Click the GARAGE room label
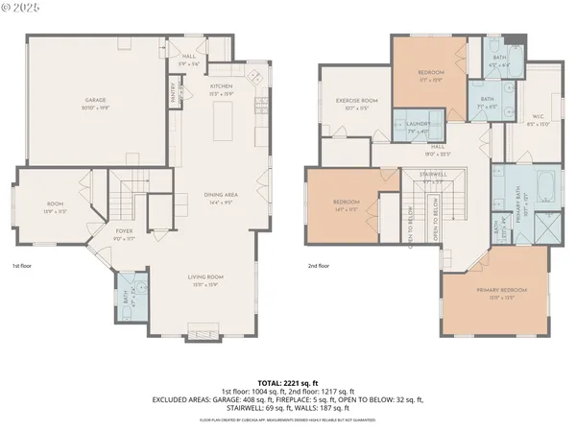coord(95,100)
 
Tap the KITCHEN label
coord(221,87)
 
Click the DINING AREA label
coord(220,196)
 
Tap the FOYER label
coord(125,231)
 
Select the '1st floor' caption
coord(23,265)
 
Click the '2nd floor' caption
coord(318,265)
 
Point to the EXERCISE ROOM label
coord(356,101)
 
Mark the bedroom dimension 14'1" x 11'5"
coord(346,208)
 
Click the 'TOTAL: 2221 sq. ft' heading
coord(289,382)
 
